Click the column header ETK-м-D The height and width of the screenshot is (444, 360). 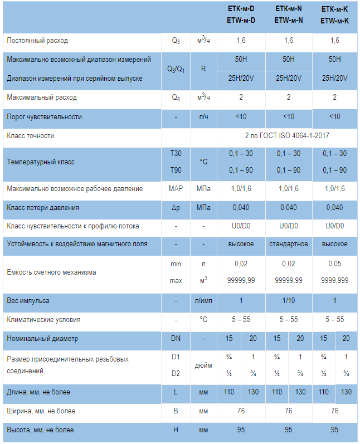[241, 9]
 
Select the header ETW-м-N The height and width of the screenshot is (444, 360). [289, 21]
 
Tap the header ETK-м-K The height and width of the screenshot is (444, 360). [334, 9]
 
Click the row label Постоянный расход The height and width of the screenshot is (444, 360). [37, 41]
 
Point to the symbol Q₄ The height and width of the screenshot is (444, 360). [176, 97]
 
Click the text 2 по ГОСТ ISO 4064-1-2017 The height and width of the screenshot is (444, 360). [288, 135]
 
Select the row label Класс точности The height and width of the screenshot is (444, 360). [31, 136]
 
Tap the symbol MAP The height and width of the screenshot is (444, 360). [176, 189]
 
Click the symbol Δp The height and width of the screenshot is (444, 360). [176, 208]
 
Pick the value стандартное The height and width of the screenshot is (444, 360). [289, 244]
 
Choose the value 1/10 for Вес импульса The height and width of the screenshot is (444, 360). [289, 301]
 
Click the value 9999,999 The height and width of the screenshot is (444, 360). [334, 281]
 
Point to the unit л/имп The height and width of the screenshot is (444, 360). [203, 301]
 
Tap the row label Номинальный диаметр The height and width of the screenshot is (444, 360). [42, 338]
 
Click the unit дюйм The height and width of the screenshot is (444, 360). [203, 366]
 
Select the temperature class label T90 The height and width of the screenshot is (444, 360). [176, 170]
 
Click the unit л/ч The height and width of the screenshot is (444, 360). [203, 117]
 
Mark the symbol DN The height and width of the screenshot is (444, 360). [176, 338]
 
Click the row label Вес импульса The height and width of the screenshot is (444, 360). [28, 301]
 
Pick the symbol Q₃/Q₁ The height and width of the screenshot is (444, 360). [176, 69]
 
